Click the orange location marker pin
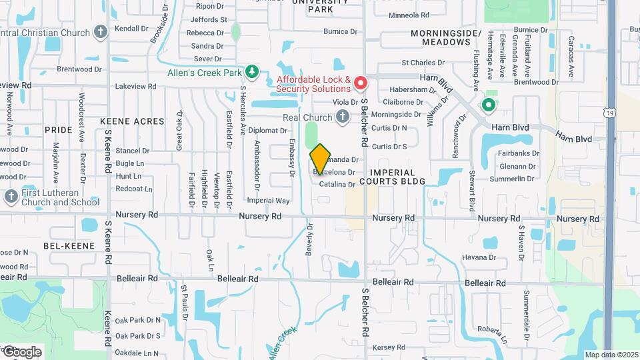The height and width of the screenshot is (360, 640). pyautogui.click(x=321, y=158)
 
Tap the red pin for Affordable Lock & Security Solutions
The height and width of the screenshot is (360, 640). pyautogui.click(x=361, y=83)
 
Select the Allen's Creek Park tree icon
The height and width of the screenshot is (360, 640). pyautogui.click(x=252, y=71)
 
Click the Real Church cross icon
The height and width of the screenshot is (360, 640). pyautogui.click(x=343, y=117)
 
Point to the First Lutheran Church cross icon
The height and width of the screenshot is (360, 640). pyautogui.click(x=11, y=196)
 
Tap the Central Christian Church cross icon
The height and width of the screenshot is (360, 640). pyautogui.click(x=100, y=31)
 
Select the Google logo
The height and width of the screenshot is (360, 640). pyautogui.click(x=21, y=352)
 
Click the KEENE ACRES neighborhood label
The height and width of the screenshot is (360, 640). pyautogui.click(x=132, y=121)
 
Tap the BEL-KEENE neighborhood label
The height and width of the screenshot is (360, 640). pyautogui.click(x=63, y=246)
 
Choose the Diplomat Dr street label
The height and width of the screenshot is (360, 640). pyautogui.click(x=267, y=131)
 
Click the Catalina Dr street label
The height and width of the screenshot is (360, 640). pyautogui.click(x=337, y=184)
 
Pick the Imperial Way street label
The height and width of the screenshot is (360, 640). pyautogui.click(x=268, y=200)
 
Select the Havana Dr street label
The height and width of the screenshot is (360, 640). pyautogui.click(x=477, y=257)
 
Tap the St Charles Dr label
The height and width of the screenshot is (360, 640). pyautogui.click(x=423, y=63)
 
